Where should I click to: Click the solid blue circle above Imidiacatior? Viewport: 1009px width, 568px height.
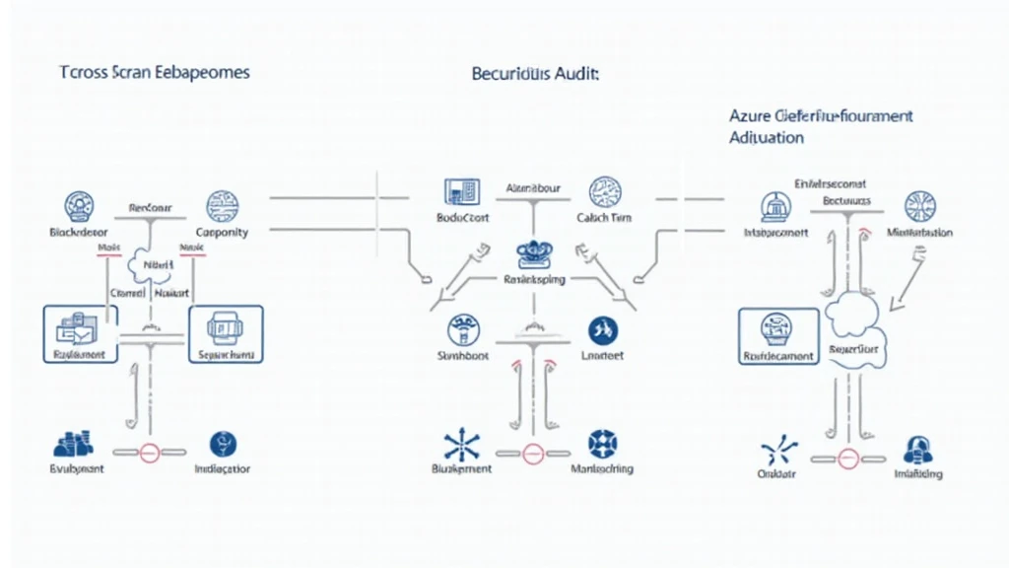tap(223, 444)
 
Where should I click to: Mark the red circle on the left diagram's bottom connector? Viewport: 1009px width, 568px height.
tap(150, 455)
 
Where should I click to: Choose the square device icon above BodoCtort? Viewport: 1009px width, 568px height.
tap(461, 191)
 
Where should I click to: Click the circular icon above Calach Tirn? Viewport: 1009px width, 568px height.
tap(603, 191)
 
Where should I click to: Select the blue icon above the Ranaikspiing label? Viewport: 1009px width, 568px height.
tap(533, 253)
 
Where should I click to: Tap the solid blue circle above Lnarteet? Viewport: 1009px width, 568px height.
tap(601, 329)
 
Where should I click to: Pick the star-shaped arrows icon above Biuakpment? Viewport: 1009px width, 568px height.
tap(460, 443)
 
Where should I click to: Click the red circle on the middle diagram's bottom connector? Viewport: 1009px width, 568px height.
tap(533, 455)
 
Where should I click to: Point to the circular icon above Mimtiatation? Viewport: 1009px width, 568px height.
tap(919, 206)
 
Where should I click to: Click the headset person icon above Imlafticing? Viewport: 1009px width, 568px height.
tap(918, 449)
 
